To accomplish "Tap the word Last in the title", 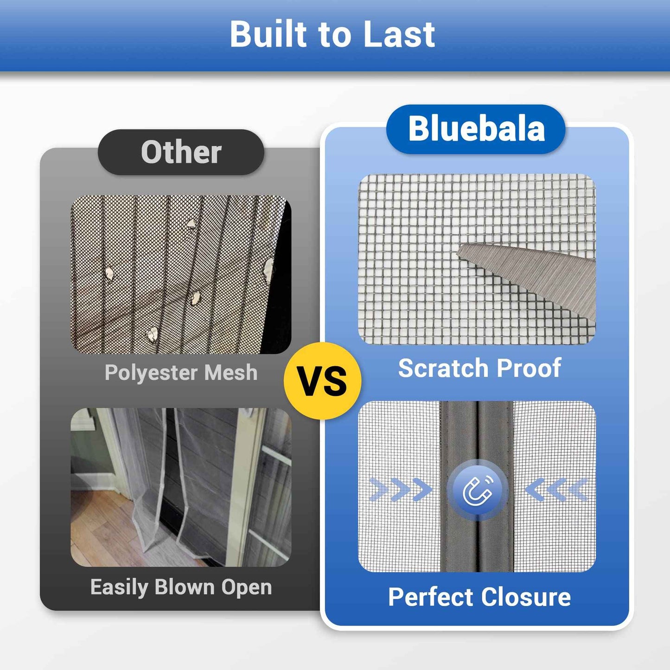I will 399,34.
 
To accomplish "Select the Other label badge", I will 181,152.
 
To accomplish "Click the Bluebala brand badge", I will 476,129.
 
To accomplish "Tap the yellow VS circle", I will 323,381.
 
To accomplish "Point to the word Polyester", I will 151,373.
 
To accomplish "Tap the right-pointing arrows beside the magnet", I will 400,490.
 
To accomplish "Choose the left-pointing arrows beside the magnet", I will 557,490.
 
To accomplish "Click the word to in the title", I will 333,34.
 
